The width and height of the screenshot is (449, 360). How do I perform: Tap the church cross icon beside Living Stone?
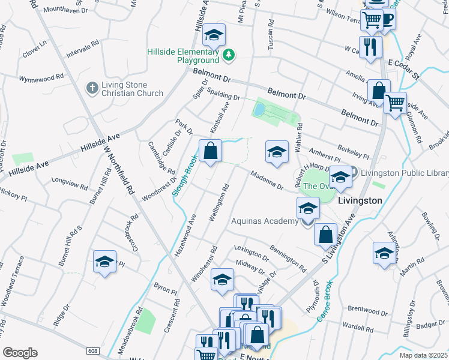pyautogui.click(x=92, y=88)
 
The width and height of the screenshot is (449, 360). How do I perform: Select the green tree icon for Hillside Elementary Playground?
pyautogui.click(x=228, y=56)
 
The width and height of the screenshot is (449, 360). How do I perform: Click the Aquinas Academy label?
pyautogui.click(x=265, y=221)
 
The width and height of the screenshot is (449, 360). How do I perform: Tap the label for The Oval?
pyautogui.click(x=316, y=186)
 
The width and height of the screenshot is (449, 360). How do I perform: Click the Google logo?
pyautogui.click(x=20, y=353)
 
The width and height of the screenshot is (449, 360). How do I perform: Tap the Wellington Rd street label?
pyautogui.click(x=220, y=204)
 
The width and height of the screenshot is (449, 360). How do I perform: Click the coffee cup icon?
pyautogui.click(x=387, y=20)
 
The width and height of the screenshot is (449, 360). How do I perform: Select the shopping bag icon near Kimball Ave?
pyautogui.click(x=211, y=152)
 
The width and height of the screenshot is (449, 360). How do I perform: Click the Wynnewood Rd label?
pyautogui.click(x=41, y=78)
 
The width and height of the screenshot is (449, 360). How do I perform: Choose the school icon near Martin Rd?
pyautogui.click(x=383, y=253)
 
